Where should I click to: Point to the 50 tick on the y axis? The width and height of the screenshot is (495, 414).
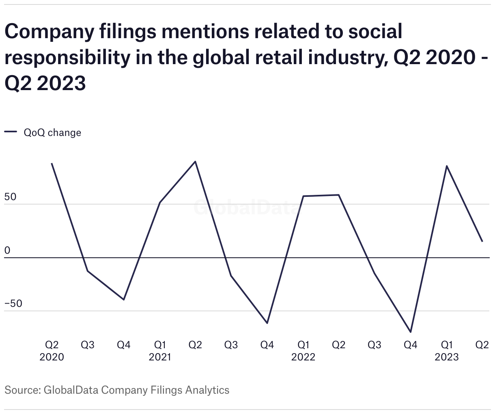11,197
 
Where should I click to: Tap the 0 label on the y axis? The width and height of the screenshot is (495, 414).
7,250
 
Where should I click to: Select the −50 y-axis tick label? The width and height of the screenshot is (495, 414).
13,304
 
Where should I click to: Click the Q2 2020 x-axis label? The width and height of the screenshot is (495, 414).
52,351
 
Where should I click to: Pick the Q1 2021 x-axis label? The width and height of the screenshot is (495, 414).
160,351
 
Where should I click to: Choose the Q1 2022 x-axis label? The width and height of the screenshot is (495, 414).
303,351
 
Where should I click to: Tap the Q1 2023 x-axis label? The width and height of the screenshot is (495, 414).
446,351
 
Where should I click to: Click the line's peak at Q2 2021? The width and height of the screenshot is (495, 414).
196,162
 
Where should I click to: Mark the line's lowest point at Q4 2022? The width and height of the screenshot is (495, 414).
411,332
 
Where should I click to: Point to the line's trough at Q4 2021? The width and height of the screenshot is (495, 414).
267,323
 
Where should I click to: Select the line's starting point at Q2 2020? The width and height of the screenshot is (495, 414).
52,163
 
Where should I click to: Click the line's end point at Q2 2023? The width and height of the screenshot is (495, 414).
482,241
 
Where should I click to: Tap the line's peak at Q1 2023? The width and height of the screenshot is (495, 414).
446,166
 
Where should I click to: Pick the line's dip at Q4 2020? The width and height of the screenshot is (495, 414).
124,300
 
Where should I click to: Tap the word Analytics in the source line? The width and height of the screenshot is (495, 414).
207,390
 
